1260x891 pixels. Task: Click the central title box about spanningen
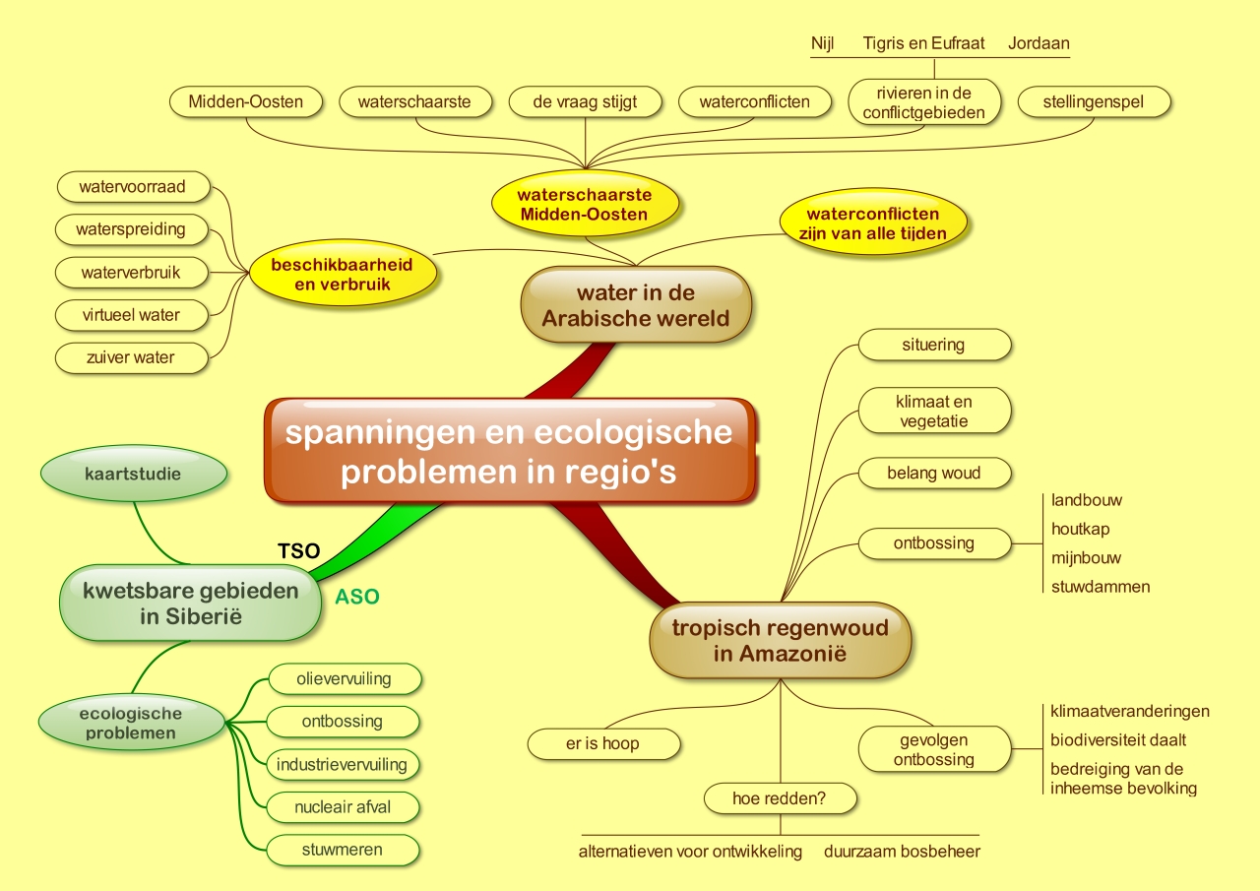tap(510, 452)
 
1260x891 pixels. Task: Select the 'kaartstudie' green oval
tap(132, 474)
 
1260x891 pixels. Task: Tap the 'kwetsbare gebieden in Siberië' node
tap(191, 604)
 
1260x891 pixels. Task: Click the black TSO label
tap(299, 551)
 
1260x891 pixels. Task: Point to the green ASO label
tap(357, 597)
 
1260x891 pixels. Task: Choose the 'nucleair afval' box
tap(343, 807)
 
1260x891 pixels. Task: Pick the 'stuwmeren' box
tap(343, 850)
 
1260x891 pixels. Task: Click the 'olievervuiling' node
tap(344, 678)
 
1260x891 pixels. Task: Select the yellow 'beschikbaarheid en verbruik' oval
tap(342, 275)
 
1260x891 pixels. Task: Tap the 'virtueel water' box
tap(132, 315)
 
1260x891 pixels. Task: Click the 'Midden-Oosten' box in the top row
tap(245, 101)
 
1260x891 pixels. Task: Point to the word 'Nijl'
tap(823, 43)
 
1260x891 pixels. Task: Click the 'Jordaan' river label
tap(1039, 43)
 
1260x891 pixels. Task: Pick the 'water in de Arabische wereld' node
tap(636, 304)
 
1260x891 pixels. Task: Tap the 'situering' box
tap(933, 345)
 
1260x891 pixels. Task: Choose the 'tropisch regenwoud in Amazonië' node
tap(780, 640)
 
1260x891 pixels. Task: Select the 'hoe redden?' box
tap(780, 798)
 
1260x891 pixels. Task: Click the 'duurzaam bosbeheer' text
tap(902, 851)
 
